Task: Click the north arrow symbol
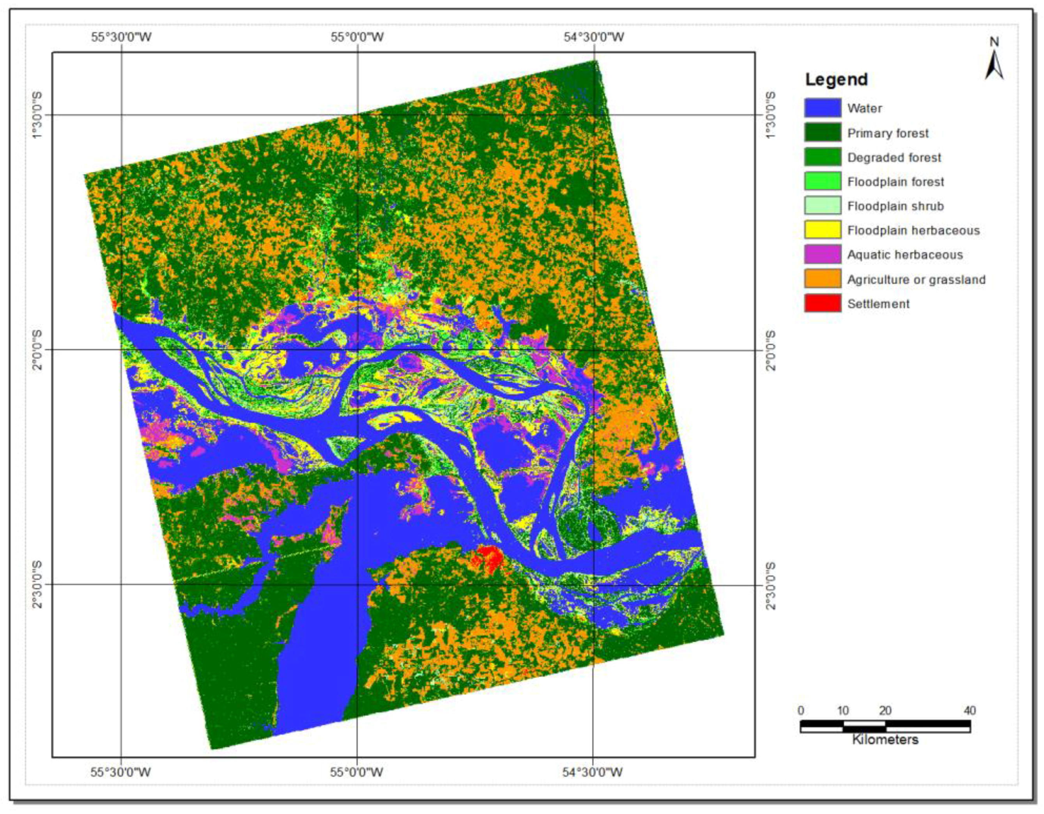[994, 65]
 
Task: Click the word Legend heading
[836, 79]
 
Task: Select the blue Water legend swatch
[822, 108]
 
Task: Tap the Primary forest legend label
[888, 133]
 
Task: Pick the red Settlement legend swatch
[822, 304]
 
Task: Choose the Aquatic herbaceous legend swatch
[822, 255]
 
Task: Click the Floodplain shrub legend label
[895, 206]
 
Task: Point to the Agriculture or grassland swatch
[822, 279]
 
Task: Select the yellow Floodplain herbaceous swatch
[822, 230]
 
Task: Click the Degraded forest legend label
[894, 158]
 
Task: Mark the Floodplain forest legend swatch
[822, 181]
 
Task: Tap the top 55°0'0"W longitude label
[357, 37]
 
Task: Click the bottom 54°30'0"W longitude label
[592, 772]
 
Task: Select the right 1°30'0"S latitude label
[771, 115]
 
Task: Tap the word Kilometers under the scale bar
[885, 740]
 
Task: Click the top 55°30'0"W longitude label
[121, 37]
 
